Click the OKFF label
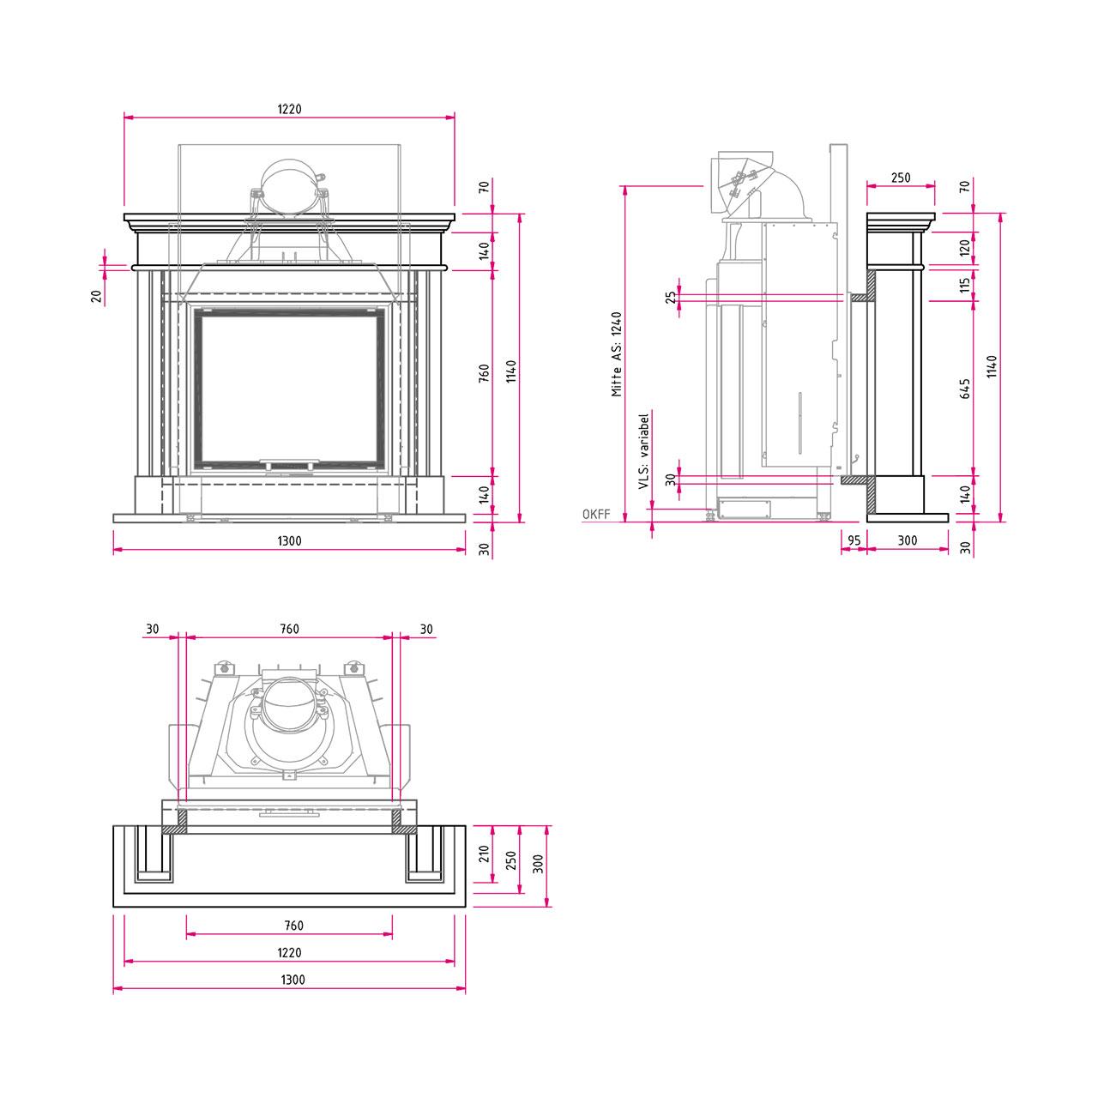[x=596, y=514]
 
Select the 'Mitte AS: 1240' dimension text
[x=617, y=353]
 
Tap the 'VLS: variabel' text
[x=644, y=451]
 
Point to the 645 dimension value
[x=965, y=389]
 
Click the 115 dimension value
[x=965, y=285]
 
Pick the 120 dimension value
[x=965, y=248]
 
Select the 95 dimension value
[x=854, y=540]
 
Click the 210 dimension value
[x=485, y=853]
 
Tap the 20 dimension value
[x=96, y=296]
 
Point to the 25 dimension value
[x=671, y=297]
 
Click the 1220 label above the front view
[x=289, y=109]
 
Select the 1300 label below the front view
[x=289, y=540]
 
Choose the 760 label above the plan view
[x=289, y=629]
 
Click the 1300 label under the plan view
[x=293, y=980]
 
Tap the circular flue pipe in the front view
[x=289, y=189]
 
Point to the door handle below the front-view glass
[x=289, y=461]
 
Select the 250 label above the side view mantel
[x=901, y=178]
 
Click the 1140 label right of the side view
[x=992, y=366]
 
